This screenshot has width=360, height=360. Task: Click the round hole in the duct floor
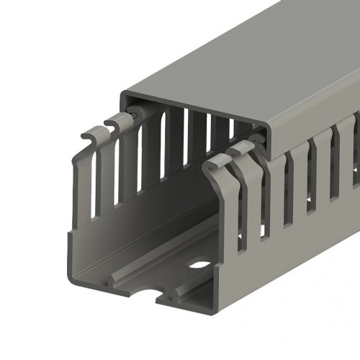point(197,265)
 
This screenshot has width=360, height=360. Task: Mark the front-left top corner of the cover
point(123,94)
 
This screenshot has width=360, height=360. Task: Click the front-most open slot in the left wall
point(95,184)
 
